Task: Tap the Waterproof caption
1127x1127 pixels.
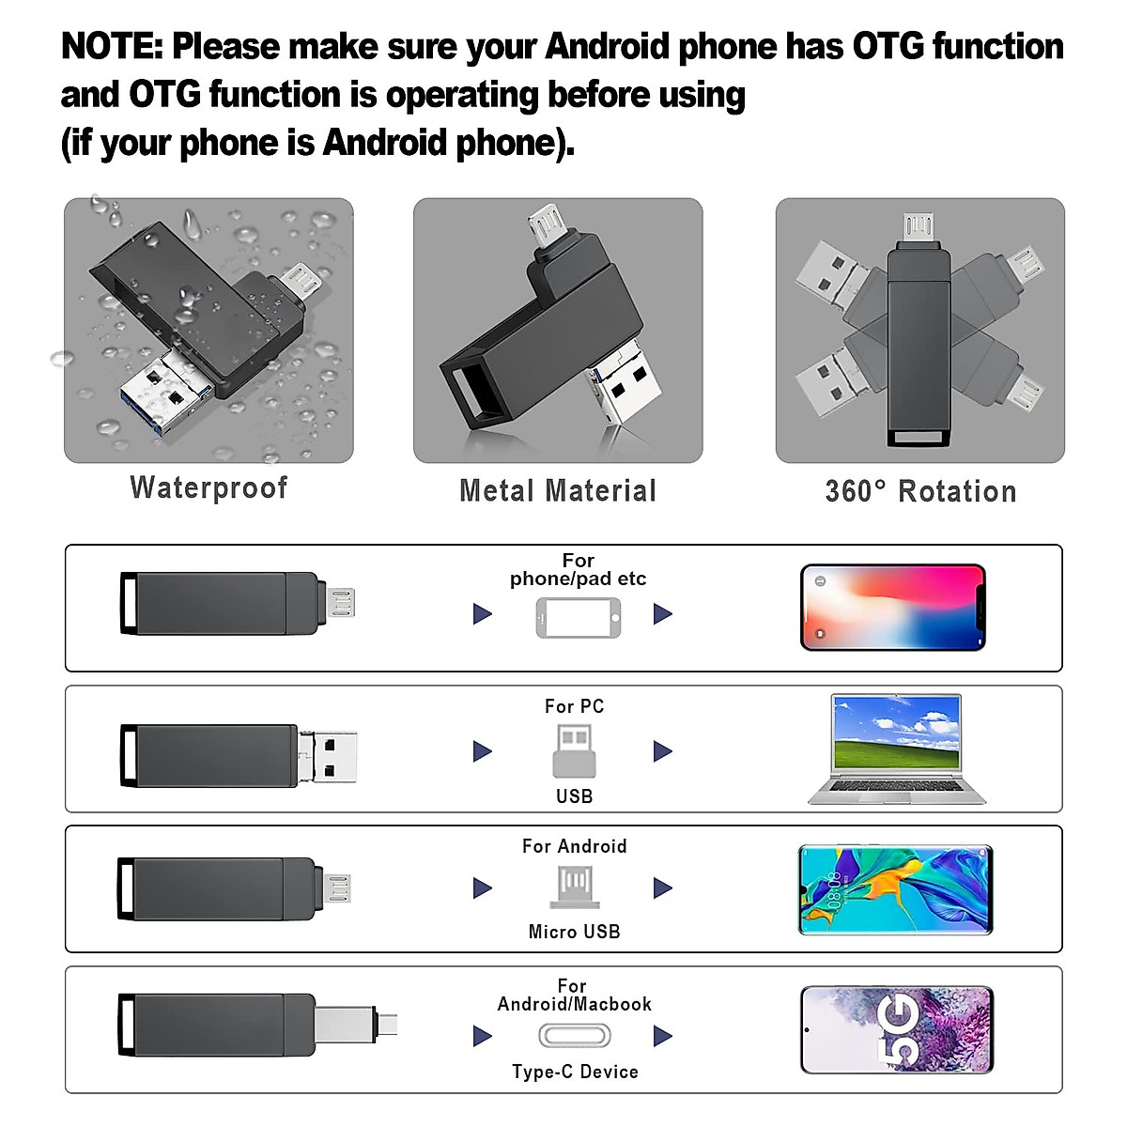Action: pyautogui.click(x=208, y=487)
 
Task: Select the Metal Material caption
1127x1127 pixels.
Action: pyautogui.click(x=558, y=490)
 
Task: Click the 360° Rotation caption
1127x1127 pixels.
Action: pyautogui.click(x=920, y=491)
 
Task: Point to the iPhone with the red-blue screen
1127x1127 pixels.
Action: pyautogui.click(x=892, y=608)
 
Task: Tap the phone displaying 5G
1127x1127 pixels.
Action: pyautogui.click(x=896, y=1029)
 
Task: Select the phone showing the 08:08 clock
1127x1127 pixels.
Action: pyautogui.click(x=895, y=889)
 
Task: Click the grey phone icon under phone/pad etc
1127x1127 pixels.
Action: pyautogui.click(x=578, y=618)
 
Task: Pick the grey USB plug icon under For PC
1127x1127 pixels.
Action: pyautogui.click(x=574, y=750)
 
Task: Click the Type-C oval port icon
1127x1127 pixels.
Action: pyautogui.click(x=575, y=1036)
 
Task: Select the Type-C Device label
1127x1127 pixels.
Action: pyautogui.click(x=575, y=1072)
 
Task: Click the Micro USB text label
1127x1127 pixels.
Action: pyautogui.click(x=574, y=932)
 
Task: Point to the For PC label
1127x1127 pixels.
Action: pyautogui.click(x=574, y=706)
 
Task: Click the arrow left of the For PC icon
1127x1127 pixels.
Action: pyautogui.click(x=483, y=751)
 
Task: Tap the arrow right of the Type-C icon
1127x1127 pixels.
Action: pyautogui.click(x=663, y=1036)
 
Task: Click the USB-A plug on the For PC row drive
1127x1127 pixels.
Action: pyautogui.click(x=330, y=756)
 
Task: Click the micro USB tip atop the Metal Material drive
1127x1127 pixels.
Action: pyautogui.click(x=542, y=226)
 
